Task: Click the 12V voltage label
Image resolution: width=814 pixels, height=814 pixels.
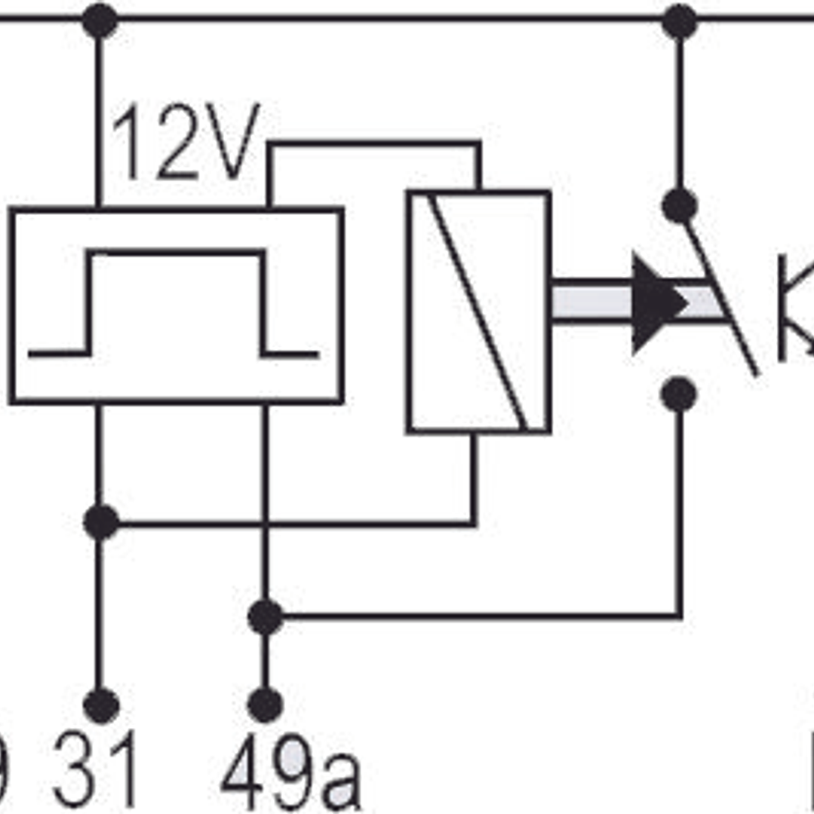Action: click(185, 143)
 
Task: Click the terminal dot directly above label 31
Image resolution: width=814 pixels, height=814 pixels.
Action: click(100, 706)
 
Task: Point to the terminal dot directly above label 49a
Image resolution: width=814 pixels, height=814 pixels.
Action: click(265, 706)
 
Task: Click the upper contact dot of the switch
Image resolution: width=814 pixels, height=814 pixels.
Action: click(679, 205)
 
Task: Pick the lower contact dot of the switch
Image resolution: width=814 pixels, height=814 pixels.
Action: click(679, 395)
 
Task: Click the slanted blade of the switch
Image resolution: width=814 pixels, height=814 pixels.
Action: click(720, 294)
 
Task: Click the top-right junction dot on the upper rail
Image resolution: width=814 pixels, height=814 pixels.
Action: click(679, 20)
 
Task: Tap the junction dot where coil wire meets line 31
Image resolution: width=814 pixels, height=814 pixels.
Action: click(100, 523)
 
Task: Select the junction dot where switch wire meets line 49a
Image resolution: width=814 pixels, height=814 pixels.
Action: click(265, 617)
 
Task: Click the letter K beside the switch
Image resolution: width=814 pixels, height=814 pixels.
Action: click(796, 309)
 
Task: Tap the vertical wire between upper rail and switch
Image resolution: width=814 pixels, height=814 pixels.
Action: click(679, 113)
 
